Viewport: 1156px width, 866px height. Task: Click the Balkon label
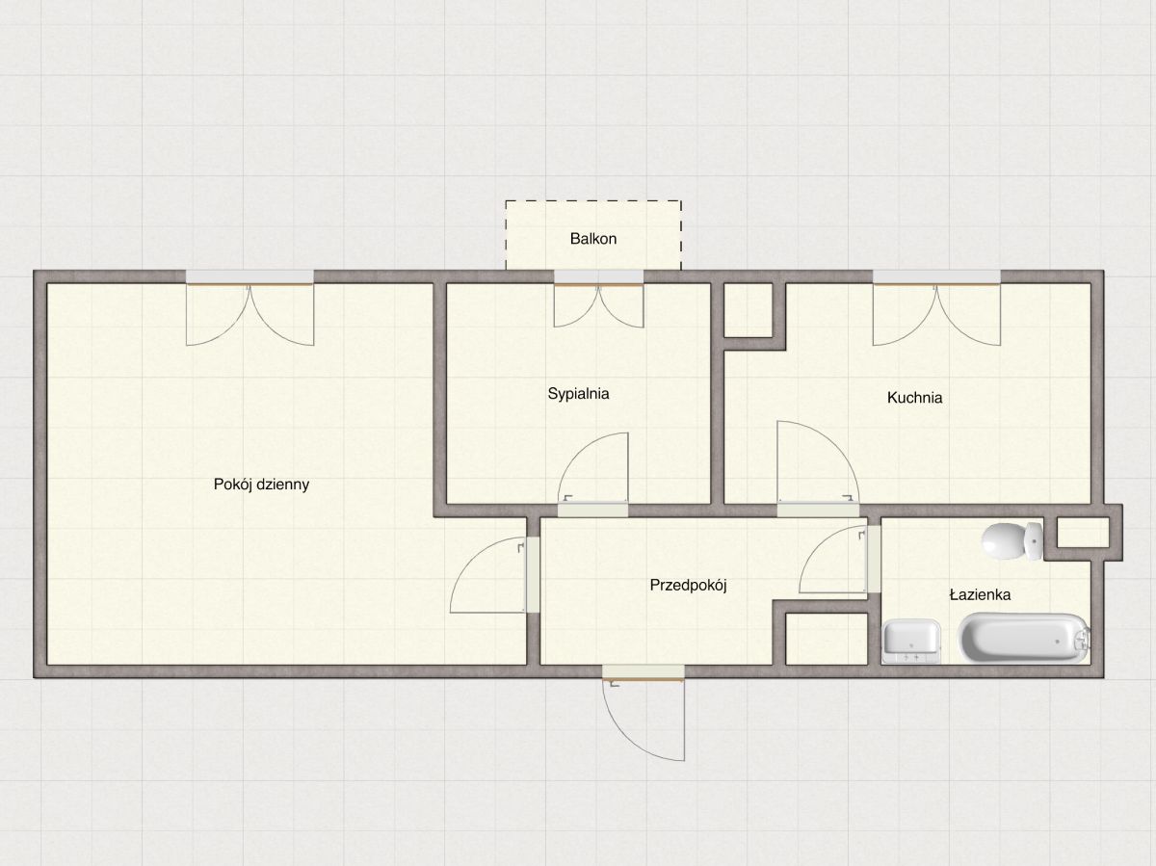tap(593, 239)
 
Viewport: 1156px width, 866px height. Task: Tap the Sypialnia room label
tap(578, 394)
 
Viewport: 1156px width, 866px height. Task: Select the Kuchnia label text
tap(914, 398)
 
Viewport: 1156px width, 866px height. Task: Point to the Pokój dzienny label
tap(261, 485)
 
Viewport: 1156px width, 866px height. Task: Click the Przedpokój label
tap(688, 585)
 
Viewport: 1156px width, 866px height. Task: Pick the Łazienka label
tap(980, 595)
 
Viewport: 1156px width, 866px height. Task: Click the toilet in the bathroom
tap(1012, 540)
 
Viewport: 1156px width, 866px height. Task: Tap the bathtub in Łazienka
tap(1024, 637)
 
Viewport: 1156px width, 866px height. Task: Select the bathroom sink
tap(911, 641)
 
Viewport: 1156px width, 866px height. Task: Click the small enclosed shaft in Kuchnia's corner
tap(749, 310)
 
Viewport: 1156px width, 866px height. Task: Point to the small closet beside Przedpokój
tap(827, 639)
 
